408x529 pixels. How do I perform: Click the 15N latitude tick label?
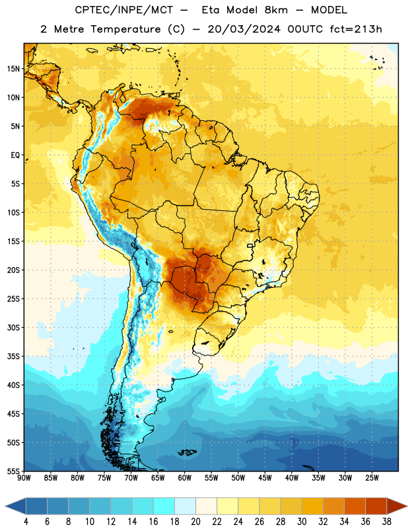(x=13, y=69)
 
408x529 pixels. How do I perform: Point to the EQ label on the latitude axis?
(x=15, y=155)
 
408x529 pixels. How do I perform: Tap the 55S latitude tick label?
(x=13, y=471)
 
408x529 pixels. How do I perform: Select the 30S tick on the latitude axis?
(x=13, y=327)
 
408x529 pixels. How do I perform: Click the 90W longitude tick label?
(x=24, y=478)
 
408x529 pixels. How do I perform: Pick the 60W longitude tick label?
(x=185, y=478)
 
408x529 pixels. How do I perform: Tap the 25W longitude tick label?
(x=372, y=478)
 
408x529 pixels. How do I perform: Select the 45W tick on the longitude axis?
(x=265, y=478)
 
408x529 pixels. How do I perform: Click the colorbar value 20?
(x=195, y=522)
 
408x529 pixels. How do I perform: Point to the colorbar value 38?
(x=387, y=522)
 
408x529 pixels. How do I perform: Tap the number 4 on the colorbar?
(x=26, y=522)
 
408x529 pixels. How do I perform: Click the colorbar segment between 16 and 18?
(x=164, y=506)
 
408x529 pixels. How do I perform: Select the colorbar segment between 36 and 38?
(x=376, y=506)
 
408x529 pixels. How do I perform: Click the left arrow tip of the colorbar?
(x=5, y=506)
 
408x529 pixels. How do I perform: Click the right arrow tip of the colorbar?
(x=407, y=506)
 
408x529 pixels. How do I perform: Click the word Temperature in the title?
(x=125, y=29)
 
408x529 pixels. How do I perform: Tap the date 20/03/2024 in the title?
(x=244, y=29)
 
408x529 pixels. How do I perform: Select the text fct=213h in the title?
(x=356, y=29)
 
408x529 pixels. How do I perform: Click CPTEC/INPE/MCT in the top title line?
(x=123, y=10)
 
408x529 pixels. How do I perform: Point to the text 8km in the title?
(x=276, y=10)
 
